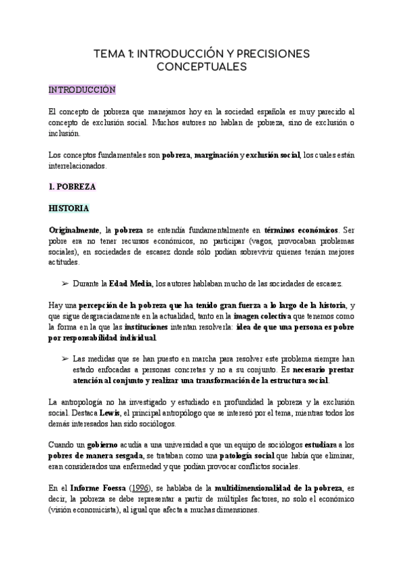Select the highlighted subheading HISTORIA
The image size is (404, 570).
pos(69,209)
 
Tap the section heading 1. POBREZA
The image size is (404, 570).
pos(72,186)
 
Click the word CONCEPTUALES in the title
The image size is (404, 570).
pos(202,67)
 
